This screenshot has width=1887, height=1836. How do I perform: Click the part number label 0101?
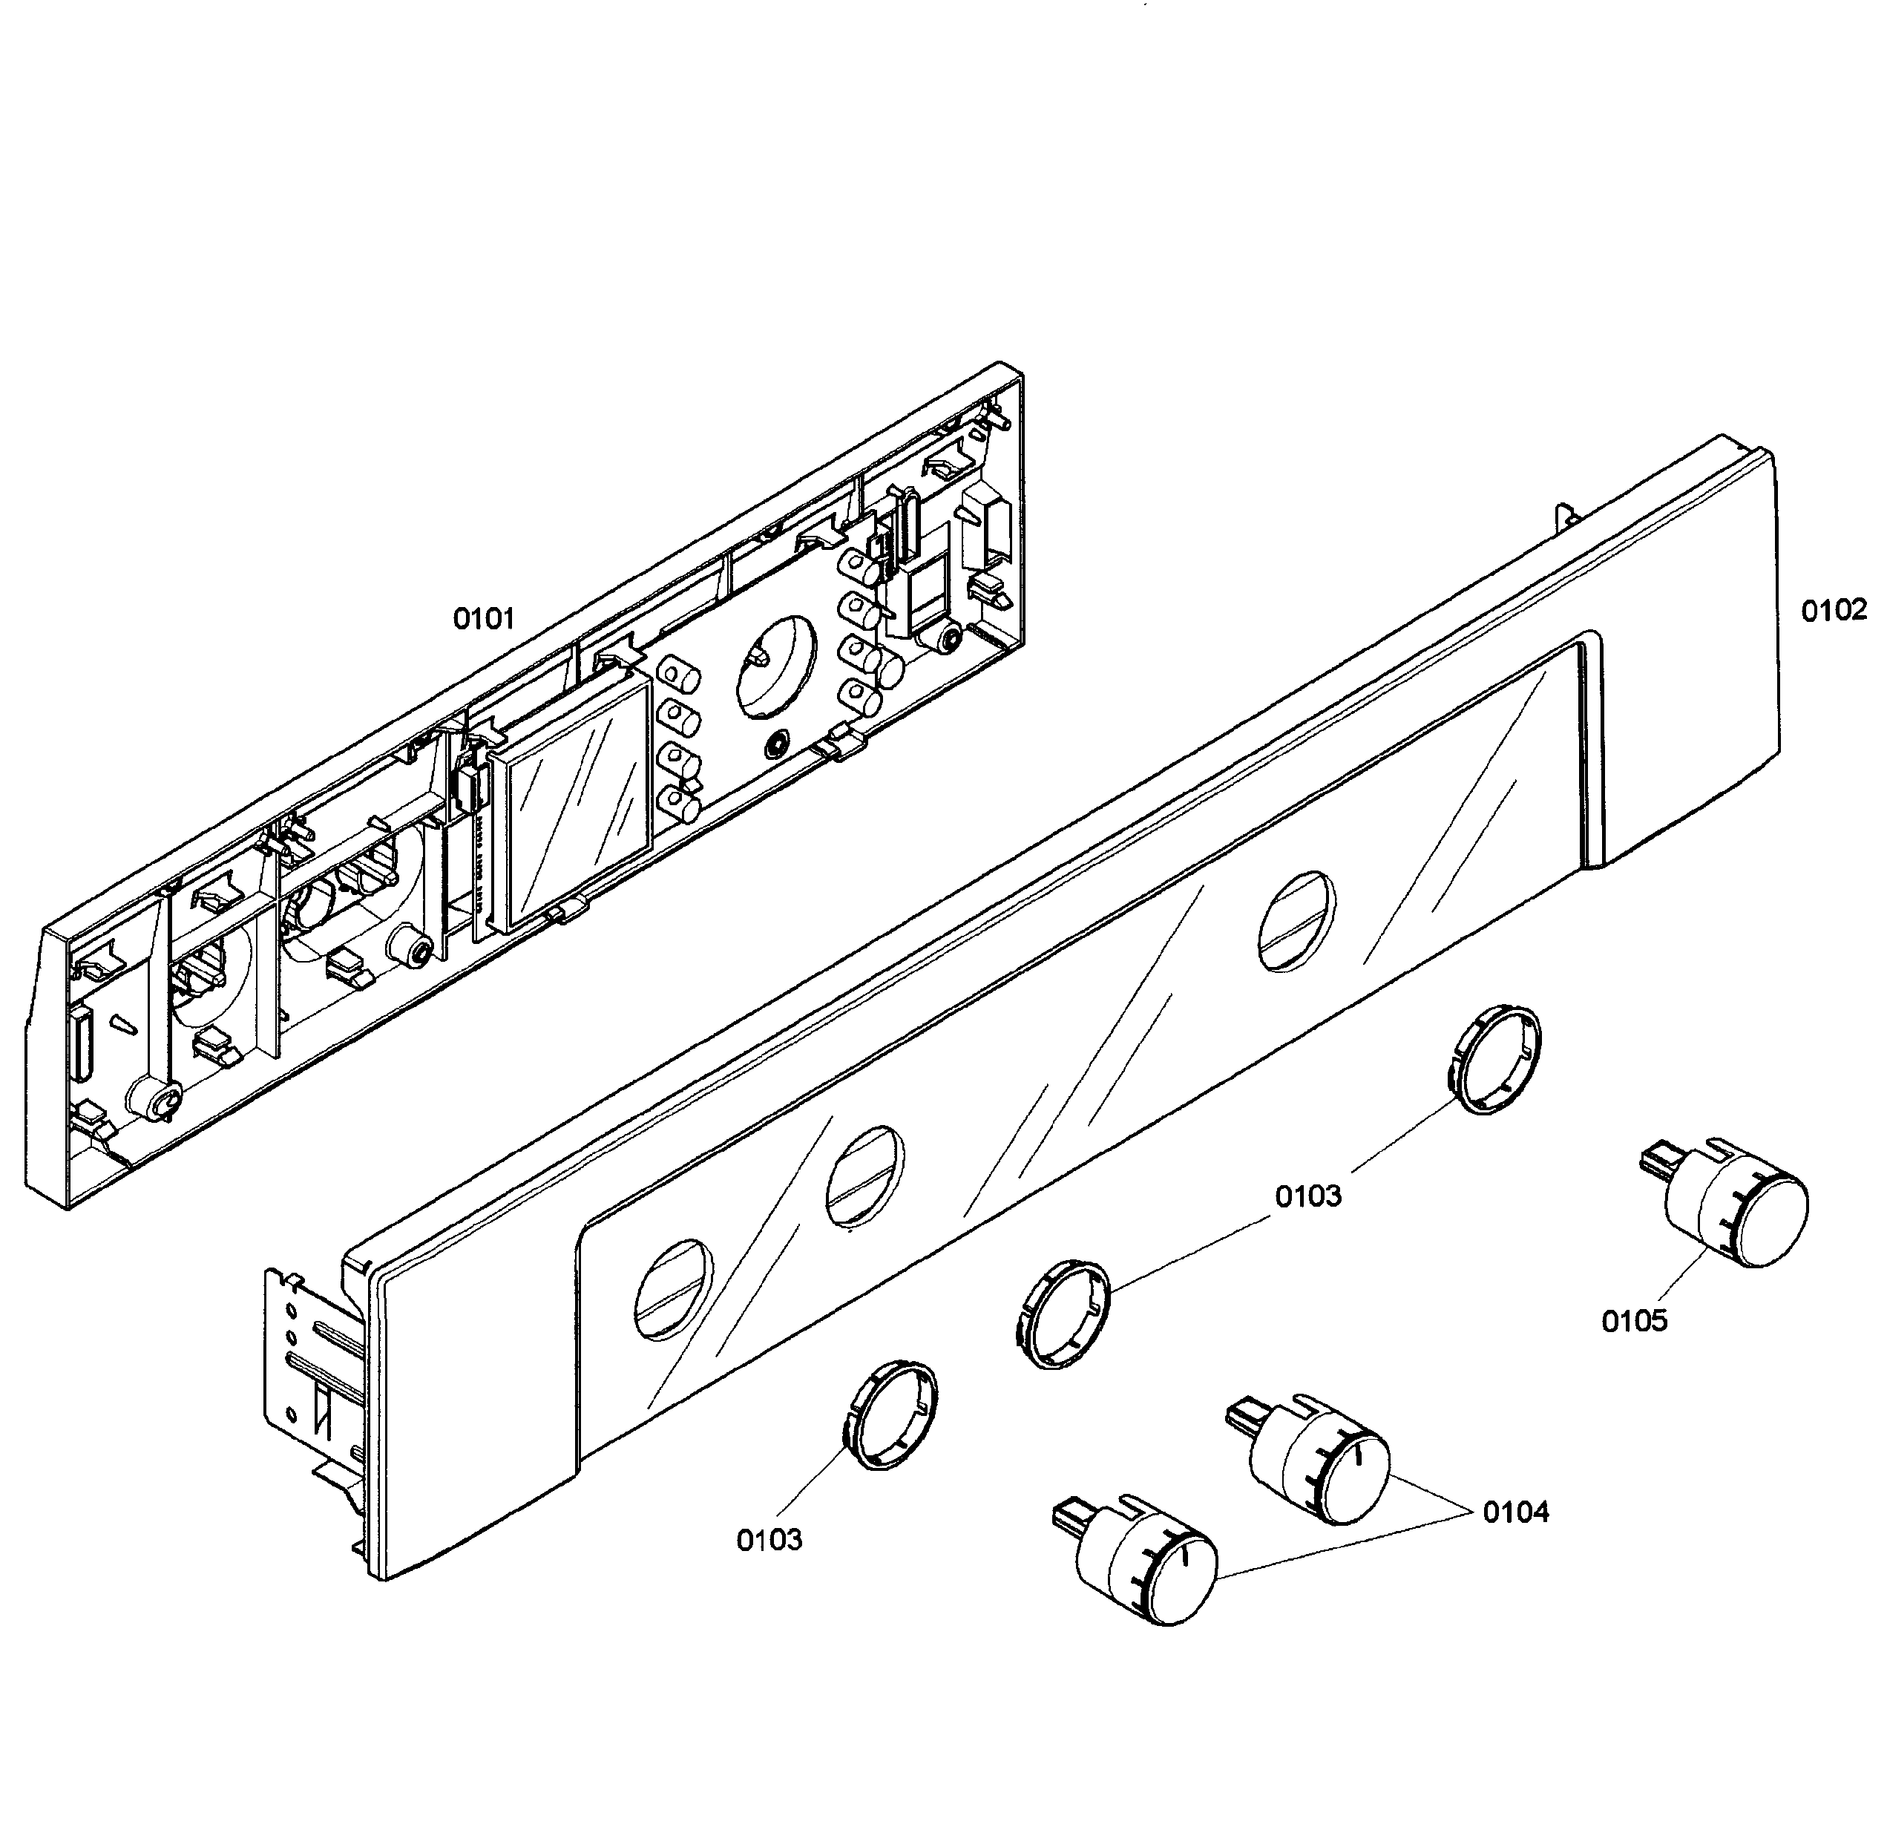click(484, 619)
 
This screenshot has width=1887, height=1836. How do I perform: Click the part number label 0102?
click(1833, 611)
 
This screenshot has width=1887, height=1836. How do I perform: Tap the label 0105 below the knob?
click(1633, 1321)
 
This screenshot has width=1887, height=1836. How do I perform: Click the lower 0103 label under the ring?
click(769, 1540)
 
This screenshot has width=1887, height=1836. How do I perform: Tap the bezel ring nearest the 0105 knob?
click(1495, 1059)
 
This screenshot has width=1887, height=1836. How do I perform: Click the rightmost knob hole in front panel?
click(1298, 921)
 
